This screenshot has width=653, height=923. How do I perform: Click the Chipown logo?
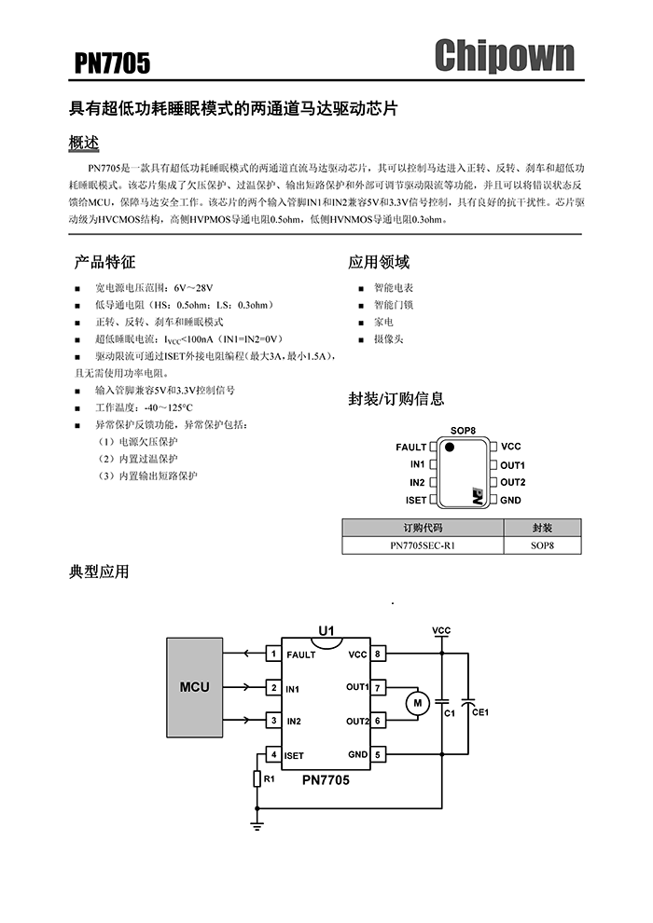pyautogui.click(x=504, y=56)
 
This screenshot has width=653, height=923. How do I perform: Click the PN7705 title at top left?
pyautogui.click(x=112, y=63)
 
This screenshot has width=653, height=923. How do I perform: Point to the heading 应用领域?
pyautogui.click(x=379, y=262)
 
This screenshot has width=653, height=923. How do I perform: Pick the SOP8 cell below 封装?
pyautogui.click(x=542, y=545)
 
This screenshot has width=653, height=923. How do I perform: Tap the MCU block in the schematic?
pyautogui.click(x=195, y=687)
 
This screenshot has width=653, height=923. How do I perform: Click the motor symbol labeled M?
pyautogui.click(x=418, y=702)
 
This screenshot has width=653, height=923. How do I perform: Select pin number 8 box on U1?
pyautogui.click(x=379, y=654)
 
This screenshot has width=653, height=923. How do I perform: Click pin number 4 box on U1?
pyautogui.click(x=272, y=754)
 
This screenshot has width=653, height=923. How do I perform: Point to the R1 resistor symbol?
pyautogui.click(x=257, y=778)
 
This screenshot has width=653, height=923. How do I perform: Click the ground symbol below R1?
pyautogui.click(x=257, y=823)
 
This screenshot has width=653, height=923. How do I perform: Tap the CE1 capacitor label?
pyautogui.click(x=481, y=712)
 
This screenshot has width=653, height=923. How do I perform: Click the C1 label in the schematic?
pyautogui.click(x=449, y=712)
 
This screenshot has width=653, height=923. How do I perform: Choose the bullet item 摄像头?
pyautogui.click(x=389, y=339)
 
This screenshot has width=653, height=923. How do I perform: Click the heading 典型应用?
pyautogui.click(x=99, y=572)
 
